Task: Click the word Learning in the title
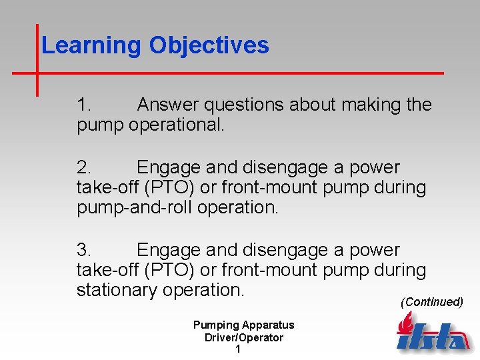coord(92,46)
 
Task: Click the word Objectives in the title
coord(209,46)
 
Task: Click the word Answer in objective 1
coord(168,105)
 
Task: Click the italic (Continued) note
coord(431,302)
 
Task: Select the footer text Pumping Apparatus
coord(243,325)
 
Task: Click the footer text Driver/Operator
coord(243,337)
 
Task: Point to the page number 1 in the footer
coord(238,349)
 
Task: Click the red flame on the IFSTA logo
coord(404,325)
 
